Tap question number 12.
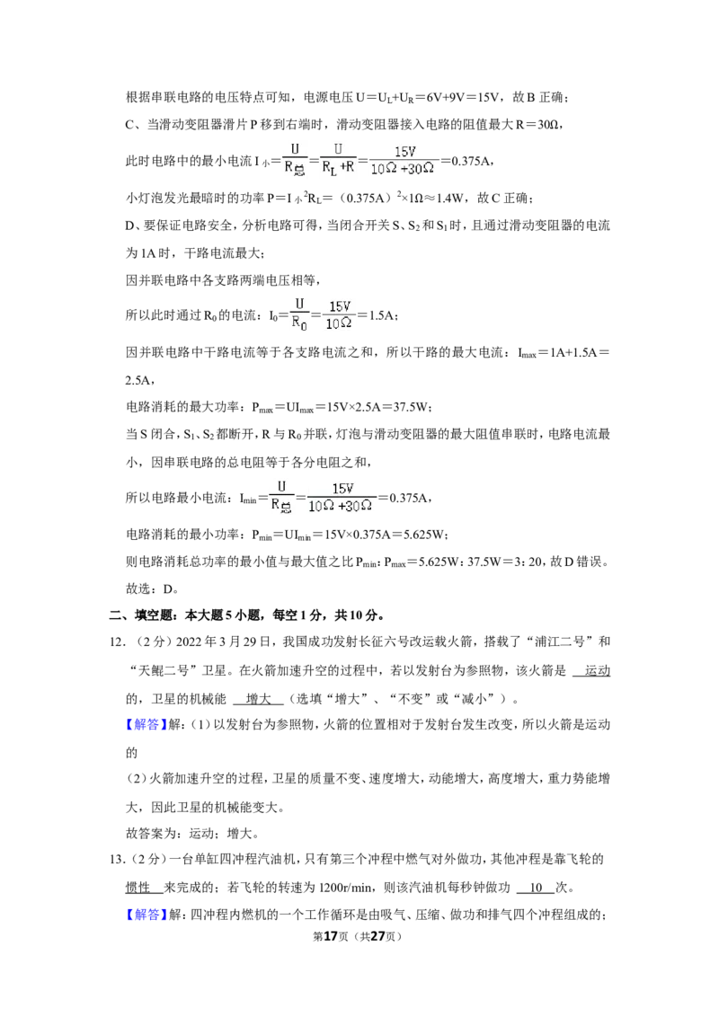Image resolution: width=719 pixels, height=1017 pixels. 116,642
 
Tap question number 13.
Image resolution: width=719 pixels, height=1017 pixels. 116,860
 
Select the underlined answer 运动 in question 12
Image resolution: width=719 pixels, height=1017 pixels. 597,670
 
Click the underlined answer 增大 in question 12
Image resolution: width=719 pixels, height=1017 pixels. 258,699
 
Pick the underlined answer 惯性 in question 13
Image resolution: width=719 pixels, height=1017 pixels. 138,888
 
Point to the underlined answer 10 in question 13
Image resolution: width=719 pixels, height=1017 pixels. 536,888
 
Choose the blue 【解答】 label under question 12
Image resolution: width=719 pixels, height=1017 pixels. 146,724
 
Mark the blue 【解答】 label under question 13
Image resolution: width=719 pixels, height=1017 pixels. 146,915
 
